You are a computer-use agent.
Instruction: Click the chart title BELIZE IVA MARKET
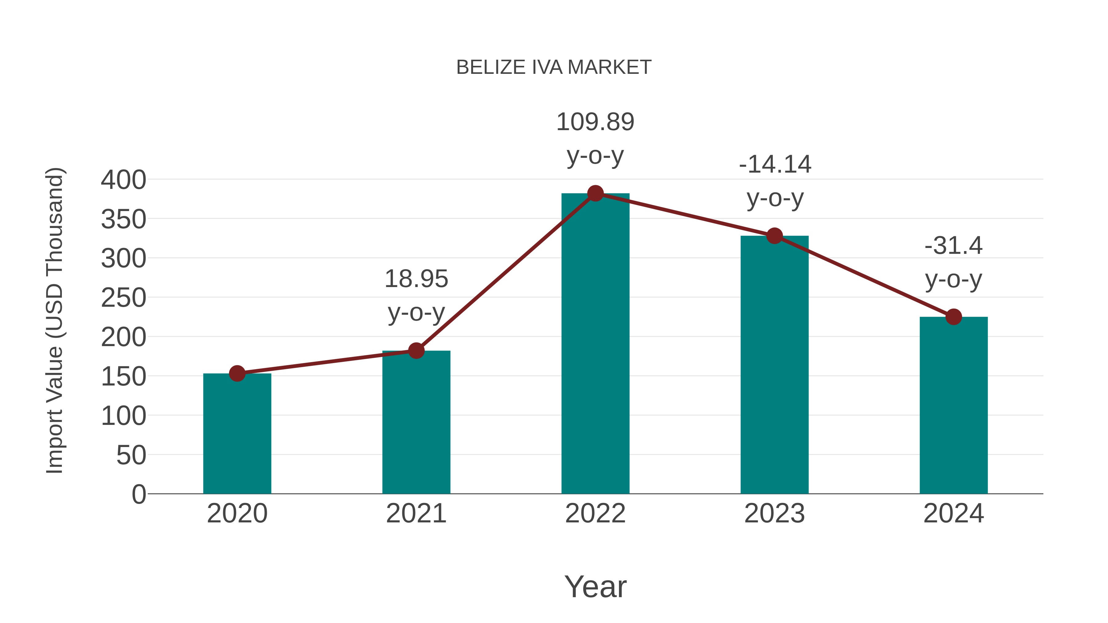tap(554, 67)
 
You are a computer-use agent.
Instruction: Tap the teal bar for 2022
tap(595, 344)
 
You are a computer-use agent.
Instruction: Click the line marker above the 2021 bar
tap(416, 350)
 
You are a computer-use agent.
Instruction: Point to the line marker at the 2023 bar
tap(774, 236)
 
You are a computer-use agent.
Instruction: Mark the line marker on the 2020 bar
tap(237, 373)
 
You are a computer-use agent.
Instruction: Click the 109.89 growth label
tap(595, 122)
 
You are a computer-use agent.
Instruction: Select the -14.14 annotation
tap(775, 165)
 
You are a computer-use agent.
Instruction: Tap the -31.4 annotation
tap(953, 246)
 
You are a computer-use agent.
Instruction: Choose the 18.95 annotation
tap(416, 279)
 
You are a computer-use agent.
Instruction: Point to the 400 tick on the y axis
tap(123, 180)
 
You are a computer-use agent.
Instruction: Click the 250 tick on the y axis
tap(123, 298)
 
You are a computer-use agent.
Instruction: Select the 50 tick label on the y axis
tap(131, 455)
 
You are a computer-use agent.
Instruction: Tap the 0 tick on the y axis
tap(138, 494)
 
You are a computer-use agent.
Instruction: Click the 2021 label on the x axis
tap(416, 513)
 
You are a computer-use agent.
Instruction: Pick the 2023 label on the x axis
tap(774, 513)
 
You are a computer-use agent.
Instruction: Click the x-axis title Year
tap(595, 586)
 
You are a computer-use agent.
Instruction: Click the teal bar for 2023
tap(774, 365)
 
